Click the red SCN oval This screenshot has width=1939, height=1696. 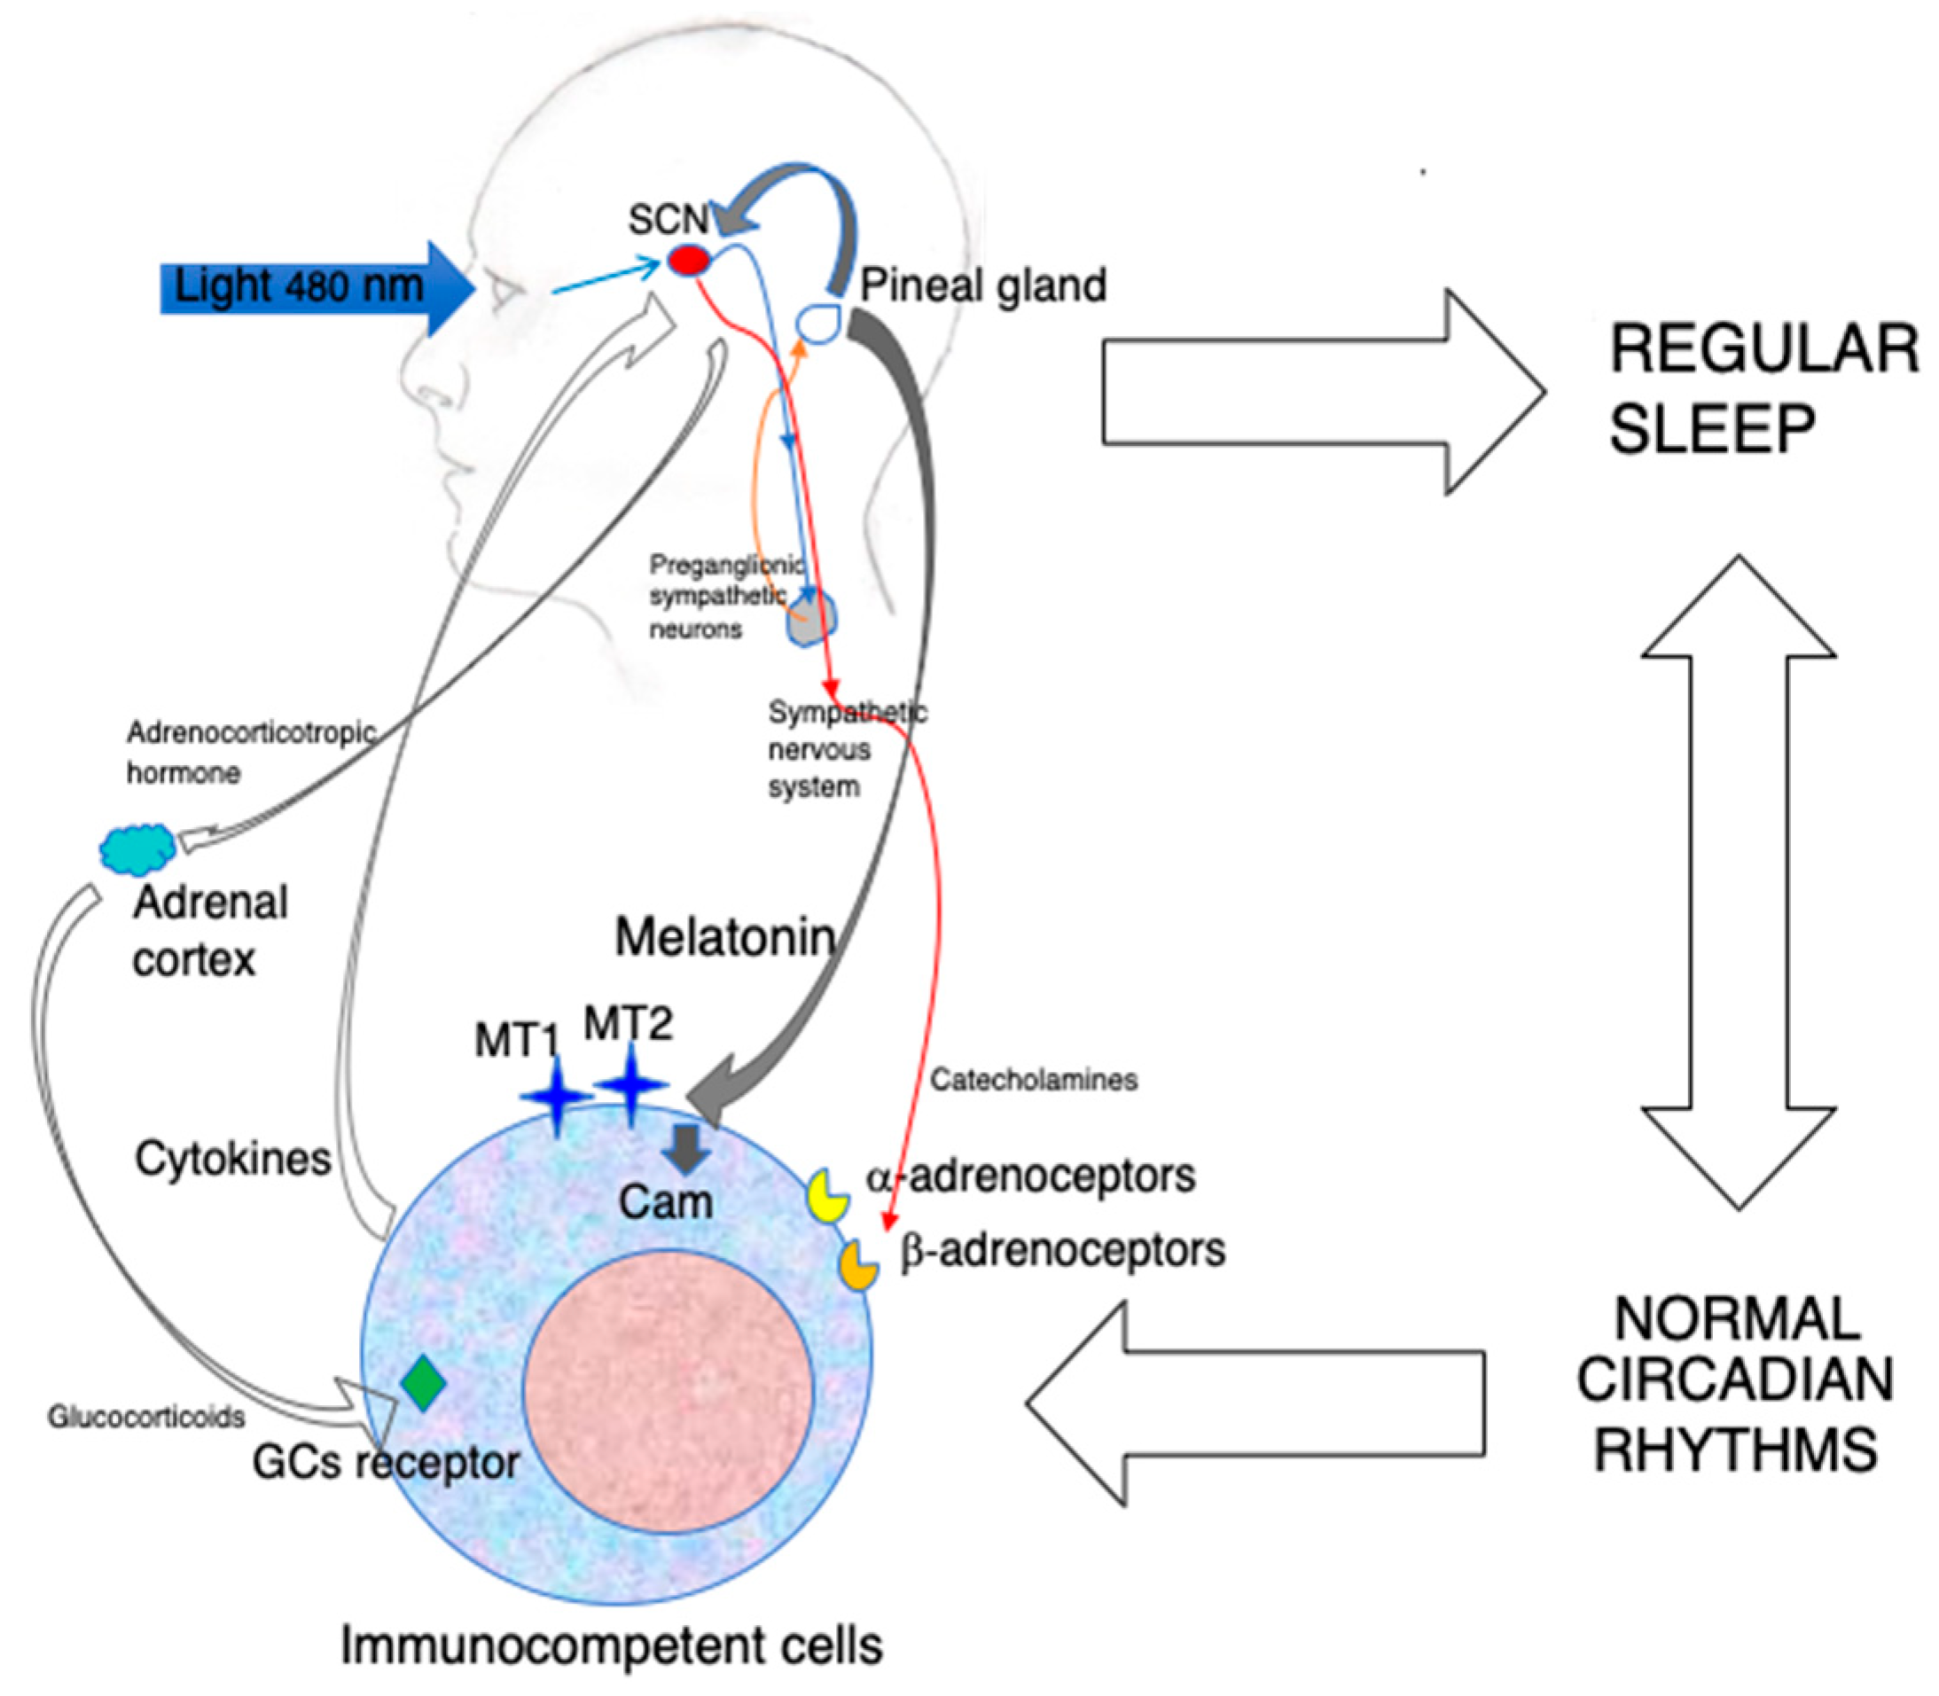tap(689, 260)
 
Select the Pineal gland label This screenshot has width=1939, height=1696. tap(983, 285)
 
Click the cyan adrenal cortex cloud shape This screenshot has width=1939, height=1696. tap(138, 847)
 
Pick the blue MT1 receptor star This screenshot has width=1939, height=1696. tap(557, 1096)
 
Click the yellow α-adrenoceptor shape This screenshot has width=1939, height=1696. tap(826, 1195)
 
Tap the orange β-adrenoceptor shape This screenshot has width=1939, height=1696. tap(858, 1264)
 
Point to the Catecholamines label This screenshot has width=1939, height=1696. tap(1034, 1080)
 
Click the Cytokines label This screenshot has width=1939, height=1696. tap(233, 1159)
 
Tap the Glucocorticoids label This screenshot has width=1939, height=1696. tap(146, 1417)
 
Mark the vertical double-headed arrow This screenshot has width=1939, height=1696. tap(1739, 880)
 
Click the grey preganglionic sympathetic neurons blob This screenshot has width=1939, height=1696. tap(810, 620)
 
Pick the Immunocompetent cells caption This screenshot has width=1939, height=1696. tap(612, 1645)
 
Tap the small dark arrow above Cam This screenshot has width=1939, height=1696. tap(686, 1148)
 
